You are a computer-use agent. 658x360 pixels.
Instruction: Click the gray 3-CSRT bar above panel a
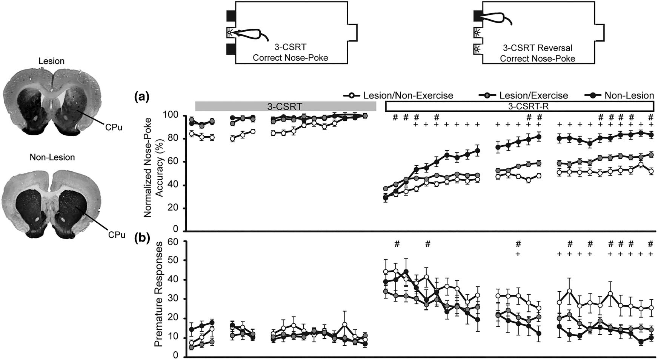click(285, 107)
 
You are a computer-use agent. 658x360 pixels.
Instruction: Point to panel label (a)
click(142, 97)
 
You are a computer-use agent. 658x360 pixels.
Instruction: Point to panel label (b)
click(142, 237)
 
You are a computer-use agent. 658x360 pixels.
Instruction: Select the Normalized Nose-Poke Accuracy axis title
click(153, 166)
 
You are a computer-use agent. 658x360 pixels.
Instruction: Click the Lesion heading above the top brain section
click(52, 61)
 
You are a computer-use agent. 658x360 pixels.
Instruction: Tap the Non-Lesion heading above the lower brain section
click(52, 157)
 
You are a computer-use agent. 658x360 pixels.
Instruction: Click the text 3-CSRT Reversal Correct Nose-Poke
click(537, 53)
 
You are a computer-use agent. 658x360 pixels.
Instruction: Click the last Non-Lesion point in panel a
click(650, 135)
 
